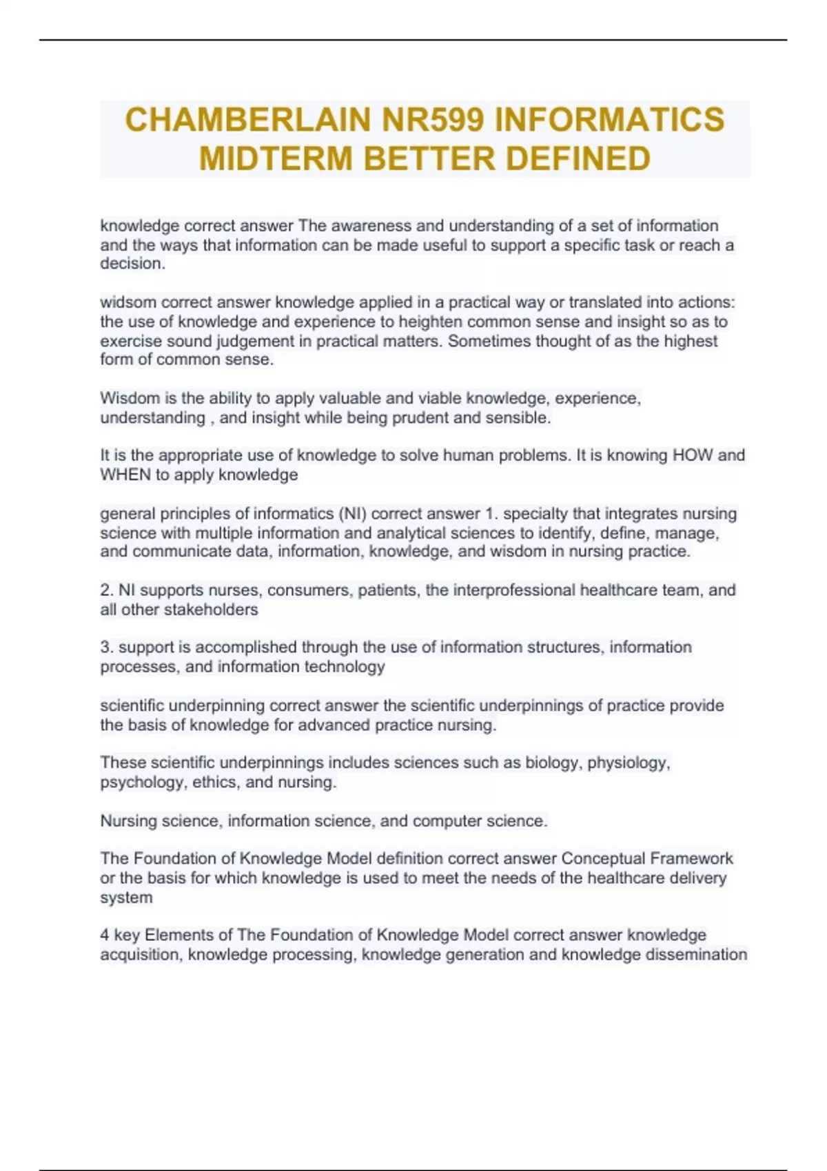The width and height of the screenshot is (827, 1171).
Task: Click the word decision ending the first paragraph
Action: pyautogui.click(x=132, y=264)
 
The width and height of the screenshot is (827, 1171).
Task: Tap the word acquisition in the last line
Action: pyautogui.click(x=141, y=955)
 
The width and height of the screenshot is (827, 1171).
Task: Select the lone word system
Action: pyautogui.click(x=126, y=898)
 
